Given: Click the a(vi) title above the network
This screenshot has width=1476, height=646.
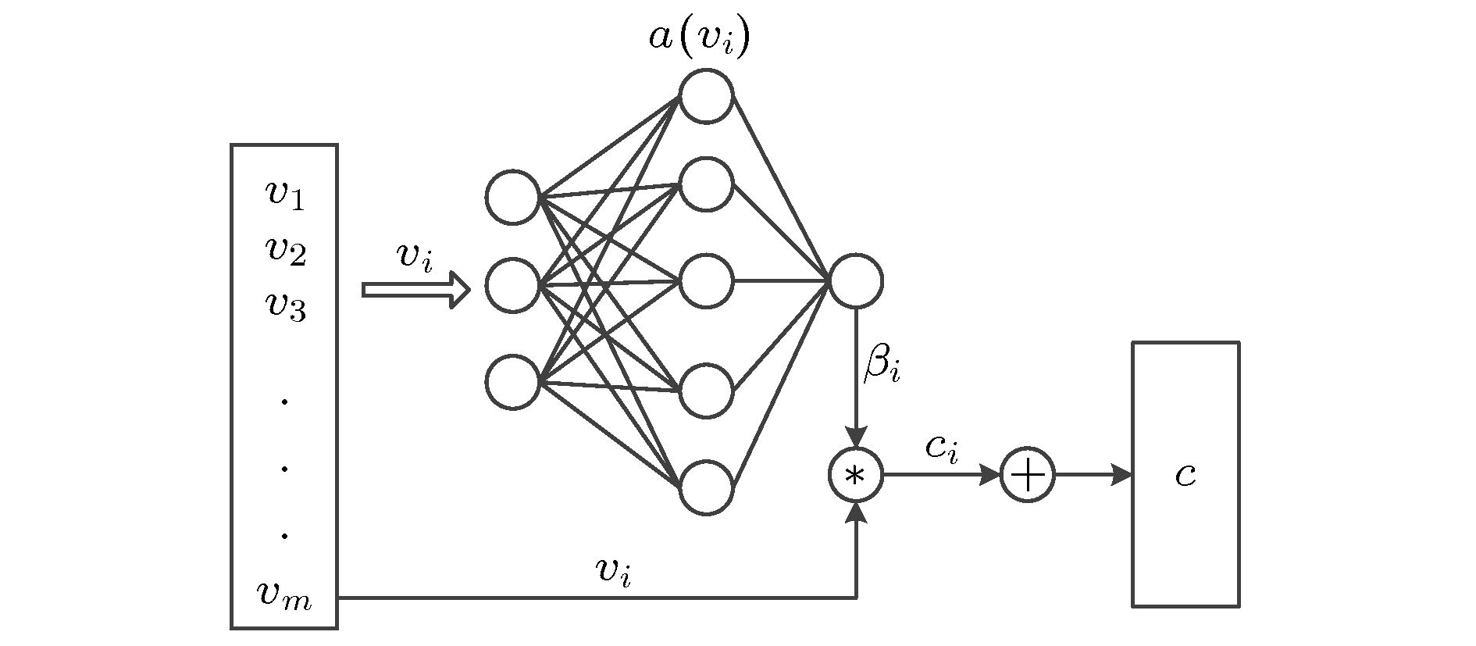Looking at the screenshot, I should [x=699, y=39].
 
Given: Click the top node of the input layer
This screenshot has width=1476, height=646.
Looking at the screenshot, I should [x=513, y=197].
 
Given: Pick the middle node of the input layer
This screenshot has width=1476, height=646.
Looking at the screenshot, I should [x=513, y=285].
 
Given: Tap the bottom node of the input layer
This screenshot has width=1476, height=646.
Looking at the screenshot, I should [x=513, y=382].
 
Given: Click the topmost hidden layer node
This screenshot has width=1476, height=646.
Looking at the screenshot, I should [x=706, y=96].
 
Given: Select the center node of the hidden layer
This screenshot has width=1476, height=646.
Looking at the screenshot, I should [x=706, y=281].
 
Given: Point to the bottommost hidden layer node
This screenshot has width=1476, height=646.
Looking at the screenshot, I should [x=706, y=487].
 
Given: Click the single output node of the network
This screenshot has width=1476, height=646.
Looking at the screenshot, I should [x=856, y=280].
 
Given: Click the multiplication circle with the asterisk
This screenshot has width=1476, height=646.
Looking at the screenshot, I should [x=856, y=475].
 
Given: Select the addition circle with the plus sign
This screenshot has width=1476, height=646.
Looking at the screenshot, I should [x=1028, y=475].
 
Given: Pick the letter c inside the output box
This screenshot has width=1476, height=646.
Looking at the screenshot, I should [x=1185, y=475].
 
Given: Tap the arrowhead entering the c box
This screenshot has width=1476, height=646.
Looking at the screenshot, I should [x=1122, y=475].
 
